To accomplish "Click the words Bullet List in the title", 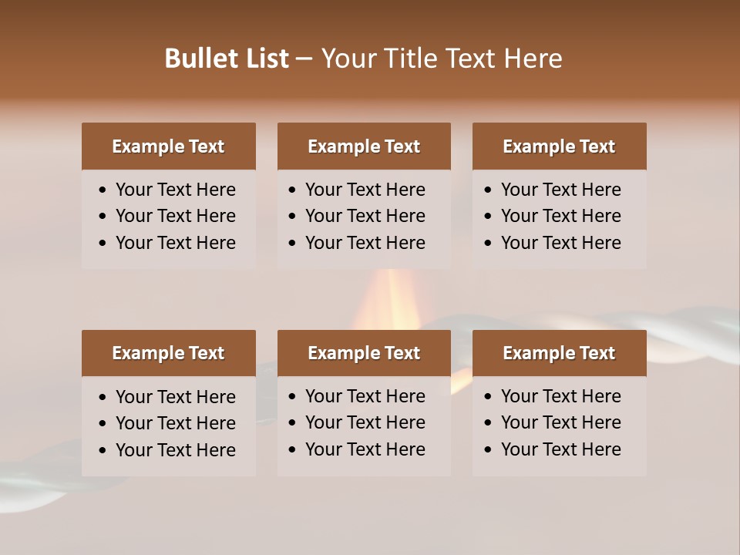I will click(227, 59).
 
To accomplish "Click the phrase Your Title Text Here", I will click(441, 59).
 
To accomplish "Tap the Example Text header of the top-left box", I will click(168, 146).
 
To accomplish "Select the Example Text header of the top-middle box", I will click(364, 146).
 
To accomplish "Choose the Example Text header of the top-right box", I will click(559, 146).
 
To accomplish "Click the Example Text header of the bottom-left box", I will click(168, 353).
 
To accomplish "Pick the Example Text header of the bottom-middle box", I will click(364, 353).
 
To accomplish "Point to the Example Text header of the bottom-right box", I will click(559, 353).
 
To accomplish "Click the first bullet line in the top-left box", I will click(175, 190).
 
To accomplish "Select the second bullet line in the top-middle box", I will click(365, 216).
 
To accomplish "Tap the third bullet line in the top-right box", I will click(560, 243).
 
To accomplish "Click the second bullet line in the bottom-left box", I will click(175, 423).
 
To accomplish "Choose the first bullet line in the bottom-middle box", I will click(365, 396).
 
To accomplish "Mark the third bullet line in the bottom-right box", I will click(560, 449).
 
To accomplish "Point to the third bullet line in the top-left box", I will click(175, 243).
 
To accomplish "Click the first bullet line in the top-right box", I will click(560, 190).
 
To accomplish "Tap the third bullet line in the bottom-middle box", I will click(365, 449).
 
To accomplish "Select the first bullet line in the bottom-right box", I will click(560, 396).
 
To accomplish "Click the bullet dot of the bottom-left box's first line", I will click(103, 397).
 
